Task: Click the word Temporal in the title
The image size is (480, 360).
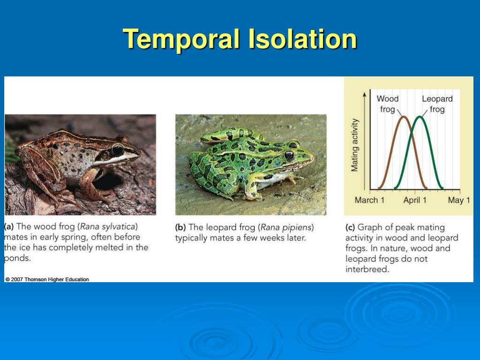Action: coord(181,39)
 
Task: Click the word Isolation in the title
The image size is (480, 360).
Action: coord(302,39)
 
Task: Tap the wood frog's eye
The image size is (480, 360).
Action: coord(118,150)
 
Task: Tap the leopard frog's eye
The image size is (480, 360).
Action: coord(289,155)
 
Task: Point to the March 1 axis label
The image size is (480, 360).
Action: coord(369,200)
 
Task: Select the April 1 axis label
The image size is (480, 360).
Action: coord(415,200)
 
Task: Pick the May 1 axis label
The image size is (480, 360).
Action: coord(459,200)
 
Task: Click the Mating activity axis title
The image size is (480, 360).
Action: coord(354,145)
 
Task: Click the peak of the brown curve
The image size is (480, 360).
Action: coord(404,117)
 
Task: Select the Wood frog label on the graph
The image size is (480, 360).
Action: coord(388,104)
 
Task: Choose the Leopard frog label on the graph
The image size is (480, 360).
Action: coord(437,104)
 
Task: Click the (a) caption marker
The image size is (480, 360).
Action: coord(9,227)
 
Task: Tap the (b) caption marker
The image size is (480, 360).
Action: coord(180,227)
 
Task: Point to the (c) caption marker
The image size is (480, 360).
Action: coord(350,227)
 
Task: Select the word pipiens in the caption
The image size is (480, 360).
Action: coord(297,228)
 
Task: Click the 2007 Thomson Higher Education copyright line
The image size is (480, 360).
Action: coord(47,279)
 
